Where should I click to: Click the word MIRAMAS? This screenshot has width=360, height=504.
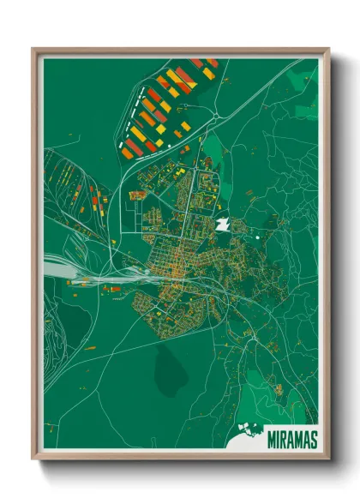[291, 437]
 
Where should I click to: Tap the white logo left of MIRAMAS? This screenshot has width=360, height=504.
[249, 436]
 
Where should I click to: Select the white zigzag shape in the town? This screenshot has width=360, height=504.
[222, 225]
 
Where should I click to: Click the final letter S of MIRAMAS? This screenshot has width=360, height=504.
[312, 437]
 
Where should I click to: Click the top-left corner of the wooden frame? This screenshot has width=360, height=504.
[33, 50]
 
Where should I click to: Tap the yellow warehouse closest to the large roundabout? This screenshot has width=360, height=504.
[207, 74]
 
